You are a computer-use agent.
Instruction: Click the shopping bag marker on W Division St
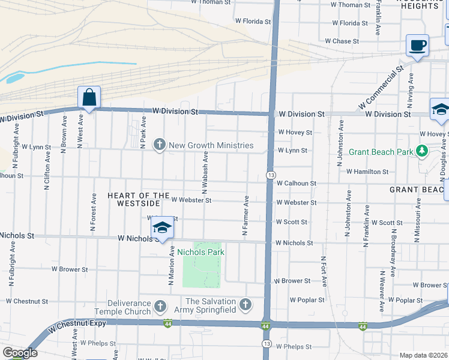click(89, 98)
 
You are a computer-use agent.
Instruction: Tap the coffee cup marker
click(417, 46)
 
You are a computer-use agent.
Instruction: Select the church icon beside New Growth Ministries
click(160, 145)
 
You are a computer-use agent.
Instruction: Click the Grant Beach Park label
click(381, 152)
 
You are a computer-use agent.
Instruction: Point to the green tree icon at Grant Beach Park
click(422, 151)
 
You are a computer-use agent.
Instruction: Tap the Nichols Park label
click(200, 252)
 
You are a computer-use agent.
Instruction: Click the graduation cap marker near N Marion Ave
click(161, 228)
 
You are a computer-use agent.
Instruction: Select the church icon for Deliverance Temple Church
click(160, 306)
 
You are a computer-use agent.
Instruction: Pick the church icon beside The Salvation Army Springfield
click(244, 305)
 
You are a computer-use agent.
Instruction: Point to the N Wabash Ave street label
click(205, 171)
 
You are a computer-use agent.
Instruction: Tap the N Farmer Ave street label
click(246, 215)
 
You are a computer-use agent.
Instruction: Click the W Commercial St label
click(381, 88)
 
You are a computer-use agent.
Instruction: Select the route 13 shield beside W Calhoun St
click(271, 175)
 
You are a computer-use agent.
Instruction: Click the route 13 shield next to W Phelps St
click(265, 343)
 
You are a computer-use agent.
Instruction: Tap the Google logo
click(19, 353)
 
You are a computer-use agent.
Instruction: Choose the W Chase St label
click(342, 41)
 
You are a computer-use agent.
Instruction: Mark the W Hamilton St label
click(367, 172)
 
